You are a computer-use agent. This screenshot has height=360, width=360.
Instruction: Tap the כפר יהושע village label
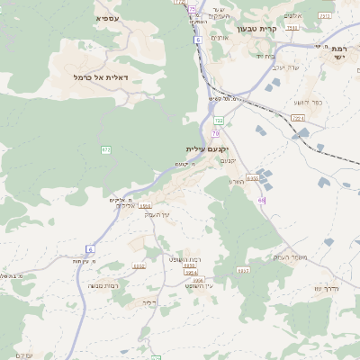point(306,101)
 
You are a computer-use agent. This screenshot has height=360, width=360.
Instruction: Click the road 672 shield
point(106,149)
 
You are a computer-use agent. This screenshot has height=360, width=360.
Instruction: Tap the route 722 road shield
point(219,119)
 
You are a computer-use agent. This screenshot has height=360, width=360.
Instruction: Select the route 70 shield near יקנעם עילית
point(216,133)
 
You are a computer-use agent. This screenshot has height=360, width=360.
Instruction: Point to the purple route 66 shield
point(261,200)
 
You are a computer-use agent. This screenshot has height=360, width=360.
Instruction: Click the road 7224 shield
point(299,116)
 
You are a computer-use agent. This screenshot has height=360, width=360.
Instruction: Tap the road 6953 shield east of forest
point(243,270)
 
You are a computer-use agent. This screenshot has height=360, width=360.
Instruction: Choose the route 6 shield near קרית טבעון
point(197,40)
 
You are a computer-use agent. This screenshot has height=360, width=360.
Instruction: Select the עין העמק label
point(157,213)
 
